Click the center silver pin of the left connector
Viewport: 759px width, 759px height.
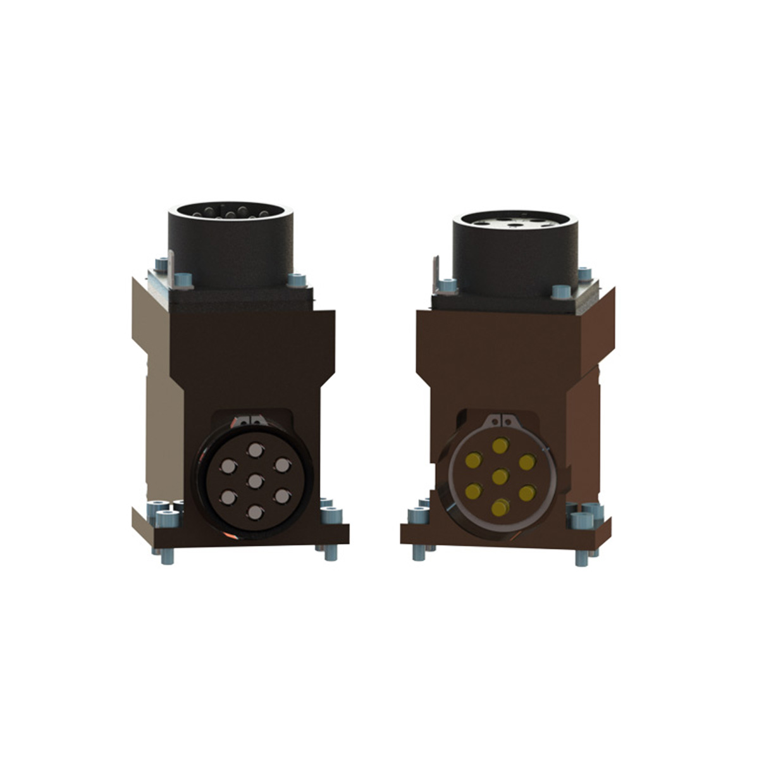255,481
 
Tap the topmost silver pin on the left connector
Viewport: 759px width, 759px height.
255,450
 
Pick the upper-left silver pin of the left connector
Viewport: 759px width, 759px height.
227,467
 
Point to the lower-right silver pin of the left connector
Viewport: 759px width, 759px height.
282,497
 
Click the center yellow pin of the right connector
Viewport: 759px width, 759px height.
500,476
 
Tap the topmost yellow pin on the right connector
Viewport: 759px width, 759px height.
500,445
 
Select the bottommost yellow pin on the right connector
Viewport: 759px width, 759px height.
500,507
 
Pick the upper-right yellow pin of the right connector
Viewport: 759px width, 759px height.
527,462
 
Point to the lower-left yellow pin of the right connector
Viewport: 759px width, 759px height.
473,491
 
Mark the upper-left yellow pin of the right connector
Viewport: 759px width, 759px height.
473,460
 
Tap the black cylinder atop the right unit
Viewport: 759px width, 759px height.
515,253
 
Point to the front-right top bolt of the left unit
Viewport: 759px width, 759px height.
296,280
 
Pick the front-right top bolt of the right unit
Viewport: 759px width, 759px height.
560,292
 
